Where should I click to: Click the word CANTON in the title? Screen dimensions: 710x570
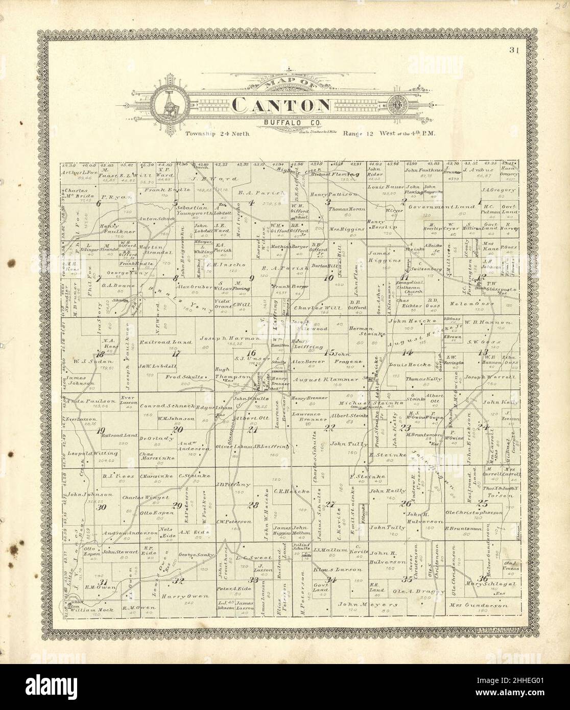(281, 105)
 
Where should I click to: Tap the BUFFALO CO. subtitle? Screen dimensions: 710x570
(281, 122)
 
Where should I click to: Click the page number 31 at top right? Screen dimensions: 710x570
(512, 50)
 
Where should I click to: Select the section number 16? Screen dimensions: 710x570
(251, 353)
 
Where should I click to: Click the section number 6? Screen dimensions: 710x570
(99, 203)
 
